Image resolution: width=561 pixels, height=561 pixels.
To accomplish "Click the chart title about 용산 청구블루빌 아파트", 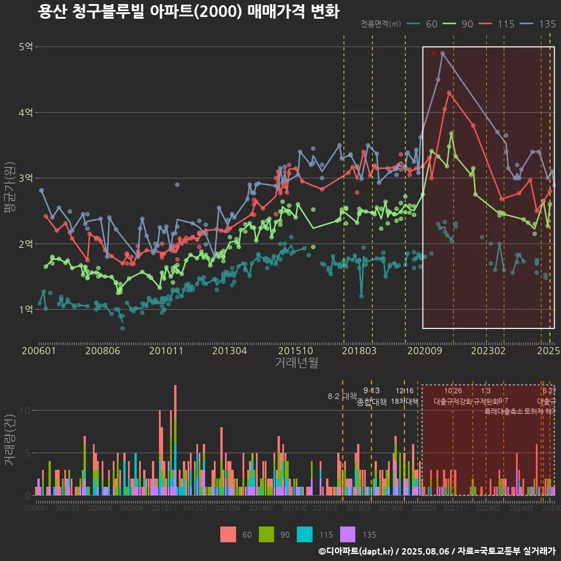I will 188,12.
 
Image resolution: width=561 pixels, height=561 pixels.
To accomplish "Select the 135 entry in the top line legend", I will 547,24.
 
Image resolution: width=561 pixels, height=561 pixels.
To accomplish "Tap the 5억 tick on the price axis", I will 26,47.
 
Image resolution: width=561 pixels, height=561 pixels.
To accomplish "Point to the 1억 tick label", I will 26,309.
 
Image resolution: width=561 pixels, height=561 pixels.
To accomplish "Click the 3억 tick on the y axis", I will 26,178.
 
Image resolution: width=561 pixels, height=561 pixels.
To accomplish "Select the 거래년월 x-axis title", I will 296,362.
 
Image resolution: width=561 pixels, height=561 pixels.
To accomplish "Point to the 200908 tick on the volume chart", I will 131,508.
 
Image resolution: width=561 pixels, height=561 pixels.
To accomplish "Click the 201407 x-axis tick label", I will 261,508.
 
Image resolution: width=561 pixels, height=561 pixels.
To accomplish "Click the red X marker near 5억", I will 434,53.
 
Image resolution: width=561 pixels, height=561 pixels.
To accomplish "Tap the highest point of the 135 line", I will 443,53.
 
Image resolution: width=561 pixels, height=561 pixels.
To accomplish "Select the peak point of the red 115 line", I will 449,92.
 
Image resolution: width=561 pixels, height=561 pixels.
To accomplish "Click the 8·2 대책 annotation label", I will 342,396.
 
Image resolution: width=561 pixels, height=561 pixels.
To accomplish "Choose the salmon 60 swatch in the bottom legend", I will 228,534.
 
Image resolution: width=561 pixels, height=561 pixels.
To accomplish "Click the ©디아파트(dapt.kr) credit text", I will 357,550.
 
